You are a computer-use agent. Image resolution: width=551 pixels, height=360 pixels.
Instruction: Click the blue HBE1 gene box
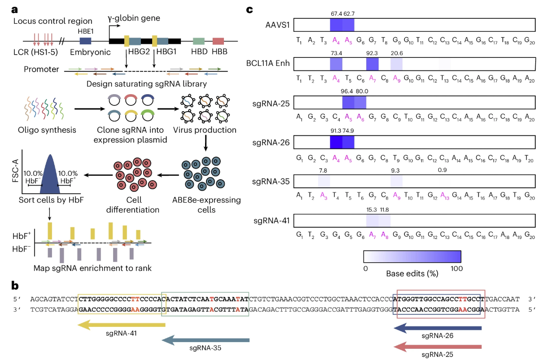85,41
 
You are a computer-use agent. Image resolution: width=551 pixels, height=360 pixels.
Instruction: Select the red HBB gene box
218,41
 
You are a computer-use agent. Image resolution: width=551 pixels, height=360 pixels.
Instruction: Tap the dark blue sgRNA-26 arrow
437,329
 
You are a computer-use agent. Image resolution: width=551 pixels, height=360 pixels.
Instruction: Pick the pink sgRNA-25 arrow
437,347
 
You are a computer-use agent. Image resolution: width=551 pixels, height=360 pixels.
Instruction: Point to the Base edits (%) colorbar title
412,272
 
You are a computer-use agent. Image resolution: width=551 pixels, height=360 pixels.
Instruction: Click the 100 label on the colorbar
456,268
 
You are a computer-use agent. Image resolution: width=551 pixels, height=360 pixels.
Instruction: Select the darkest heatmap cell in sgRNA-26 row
336,143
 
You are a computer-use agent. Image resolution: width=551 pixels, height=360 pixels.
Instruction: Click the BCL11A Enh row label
269,64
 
